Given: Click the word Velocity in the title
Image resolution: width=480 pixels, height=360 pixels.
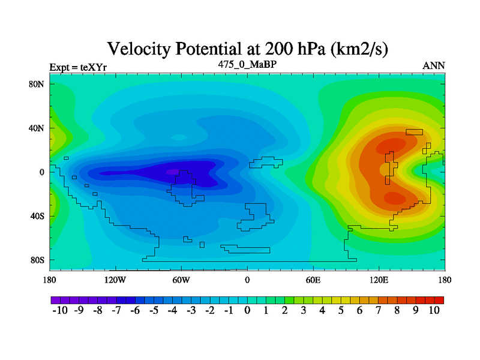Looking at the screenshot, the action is (139, 49).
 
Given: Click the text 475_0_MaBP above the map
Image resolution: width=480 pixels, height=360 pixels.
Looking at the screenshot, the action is (247, 64).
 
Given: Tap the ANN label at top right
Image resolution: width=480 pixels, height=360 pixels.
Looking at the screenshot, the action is (434, 66).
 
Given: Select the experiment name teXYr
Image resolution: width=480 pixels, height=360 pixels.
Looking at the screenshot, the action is (94, 67).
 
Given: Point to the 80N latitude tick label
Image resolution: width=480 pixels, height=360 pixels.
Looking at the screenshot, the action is (37, 84).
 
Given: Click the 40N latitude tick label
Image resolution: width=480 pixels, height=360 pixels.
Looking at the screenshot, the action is (37, 128).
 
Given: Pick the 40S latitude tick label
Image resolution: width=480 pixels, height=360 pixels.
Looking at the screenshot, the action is (37, 216).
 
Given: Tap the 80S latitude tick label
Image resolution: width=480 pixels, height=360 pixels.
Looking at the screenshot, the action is (37, 260).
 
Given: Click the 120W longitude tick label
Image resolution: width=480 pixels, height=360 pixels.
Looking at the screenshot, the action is (115, 280).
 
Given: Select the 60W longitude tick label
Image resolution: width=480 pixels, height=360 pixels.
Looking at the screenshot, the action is (181, 280).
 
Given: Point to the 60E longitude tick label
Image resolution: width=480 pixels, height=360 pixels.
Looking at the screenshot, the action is (313, 280).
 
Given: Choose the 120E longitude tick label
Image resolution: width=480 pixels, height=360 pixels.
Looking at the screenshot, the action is (379, 280).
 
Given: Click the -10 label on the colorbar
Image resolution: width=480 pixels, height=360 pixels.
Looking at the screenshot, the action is (60, 310).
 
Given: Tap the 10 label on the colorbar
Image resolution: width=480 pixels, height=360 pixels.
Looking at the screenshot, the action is (434, 310).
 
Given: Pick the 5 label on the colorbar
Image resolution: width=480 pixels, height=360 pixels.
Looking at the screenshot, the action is (341, 310).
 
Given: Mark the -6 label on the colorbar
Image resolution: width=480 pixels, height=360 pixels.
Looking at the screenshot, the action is (135, 310).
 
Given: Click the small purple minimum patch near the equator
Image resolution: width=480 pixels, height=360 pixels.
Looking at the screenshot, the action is (172, 172).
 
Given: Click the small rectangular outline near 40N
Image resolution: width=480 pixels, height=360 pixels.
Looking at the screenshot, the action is (414, 132).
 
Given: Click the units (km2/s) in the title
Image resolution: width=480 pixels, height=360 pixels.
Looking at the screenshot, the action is (359, 49).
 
